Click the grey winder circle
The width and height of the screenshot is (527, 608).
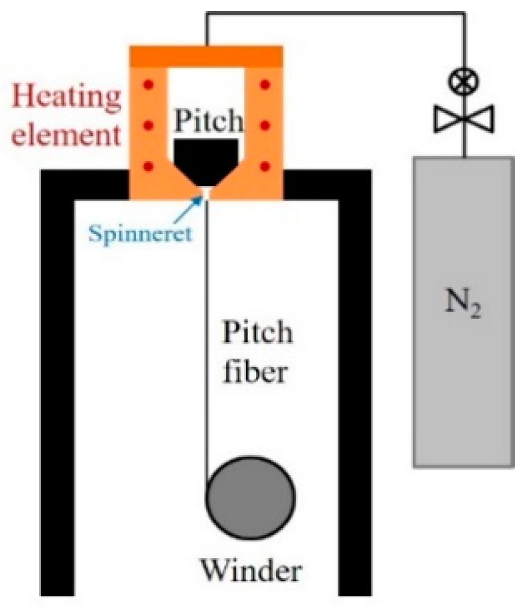(251, 496)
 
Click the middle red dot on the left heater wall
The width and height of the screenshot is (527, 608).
(147, 125)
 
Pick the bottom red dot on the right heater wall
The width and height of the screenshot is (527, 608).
(265, 166)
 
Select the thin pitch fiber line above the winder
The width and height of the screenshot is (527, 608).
(208, 335)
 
